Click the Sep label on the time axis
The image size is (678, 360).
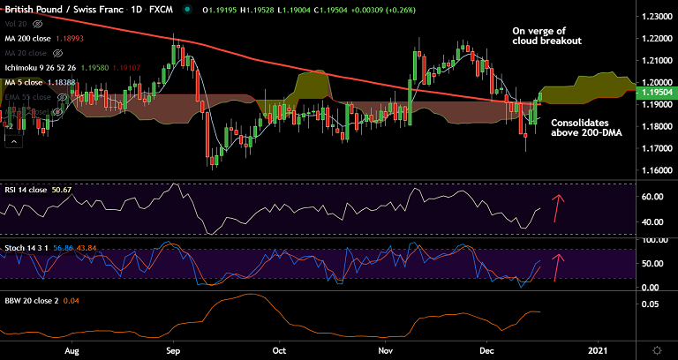[173, 350]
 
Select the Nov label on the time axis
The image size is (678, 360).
[385, 350]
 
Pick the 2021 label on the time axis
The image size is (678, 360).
[599, 350]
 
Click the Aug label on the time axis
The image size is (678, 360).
[72, 350]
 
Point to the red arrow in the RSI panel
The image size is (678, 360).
[557, 206]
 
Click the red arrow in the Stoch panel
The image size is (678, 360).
[557, 266]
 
